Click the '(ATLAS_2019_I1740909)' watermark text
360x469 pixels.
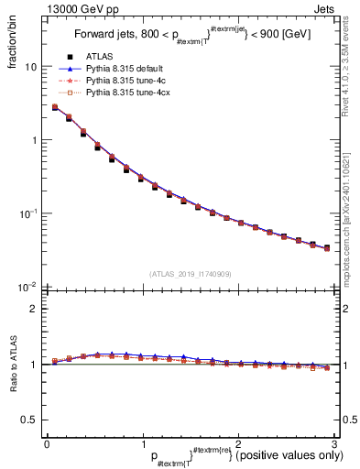point(190,274)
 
